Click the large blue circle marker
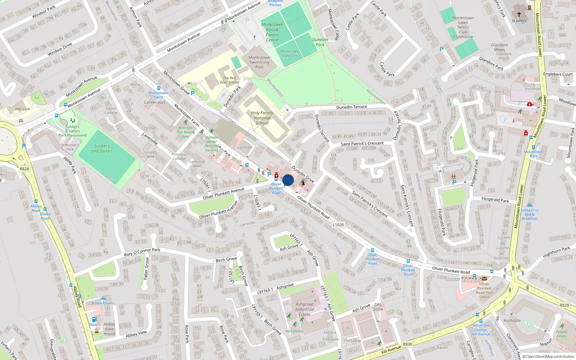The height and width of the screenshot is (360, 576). tap(288, 180)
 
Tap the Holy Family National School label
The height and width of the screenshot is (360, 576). tap(262, 118)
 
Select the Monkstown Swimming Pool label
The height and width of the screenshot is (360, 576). tap(259, 62)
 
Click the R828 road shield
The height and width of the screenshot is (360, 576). tap(24, 169)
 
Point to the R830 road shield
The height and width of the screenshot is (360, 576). tap(408, 344)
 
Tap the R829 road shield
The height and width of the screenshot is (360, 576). tap(564, 305)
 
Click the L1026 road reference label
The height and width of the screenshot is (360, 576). tap(338, 225)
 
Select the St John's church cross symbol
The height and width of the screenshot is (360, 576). tap(519, 14)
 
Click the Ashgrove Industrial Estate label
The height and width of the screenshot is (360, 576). tap(305, 309)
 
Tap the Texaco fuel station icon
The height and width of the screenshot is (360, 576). tap(94, 319)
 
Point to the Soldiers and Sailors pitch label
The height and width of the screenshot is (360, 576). tap(102, 148)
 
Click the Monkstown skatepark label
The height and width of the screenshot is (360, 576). tap(289, 53)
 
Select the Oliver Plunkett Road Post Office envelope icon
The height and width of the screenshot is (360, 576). tap(484, 278)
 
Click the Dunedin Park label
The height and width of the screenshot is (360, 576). tap(320, 42)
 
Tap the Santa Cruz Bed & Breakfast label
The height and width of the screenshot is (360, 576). tap(530, 214)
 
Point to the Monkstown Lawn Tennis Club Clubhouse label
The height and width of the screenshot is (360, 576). tap(463, 27)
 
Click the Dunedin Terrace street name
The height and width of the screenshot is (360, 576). tap(351, 107)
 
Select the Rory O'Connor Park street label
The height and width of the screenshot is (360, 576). tap(142, 252)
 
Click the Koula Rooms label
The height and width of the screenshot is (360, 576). tap(103, 303)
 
